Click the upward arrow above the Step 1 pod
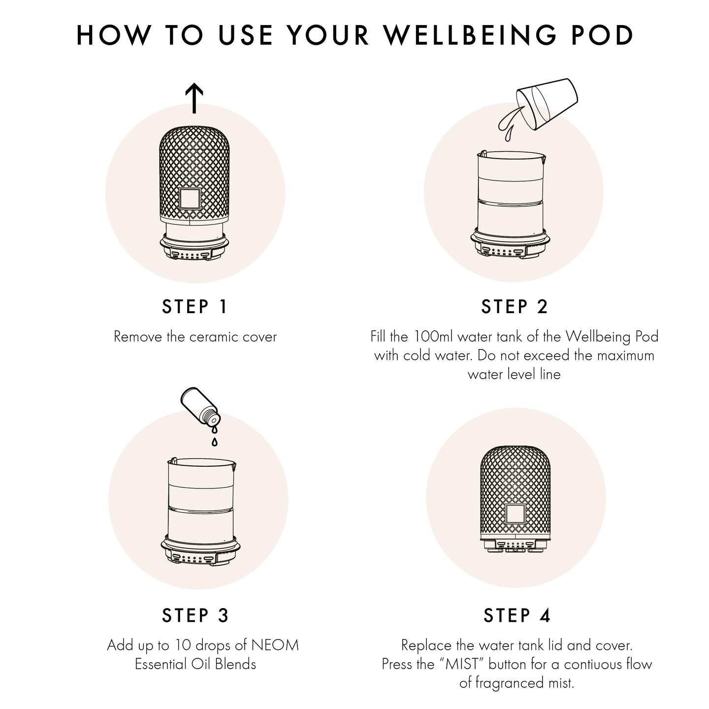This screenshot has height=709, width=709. coord(195,98)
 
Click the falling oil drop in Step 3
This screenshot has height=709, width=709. coord(214,441)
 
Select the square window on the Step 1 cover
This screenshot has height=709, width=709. coord(190,198)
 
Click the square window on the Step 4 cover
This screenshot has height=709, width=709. coord(515,515)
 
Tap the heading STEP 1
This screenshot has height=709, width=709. coord(195,307)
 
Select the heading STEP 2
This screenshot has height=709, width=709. coord(515,307)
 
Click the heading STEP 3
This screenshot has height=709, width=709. coord(195,615)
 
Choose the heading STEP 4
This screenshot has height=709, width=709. coord(516,615)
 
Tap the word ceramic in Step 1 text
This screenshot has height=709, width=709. coord(213,337)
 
